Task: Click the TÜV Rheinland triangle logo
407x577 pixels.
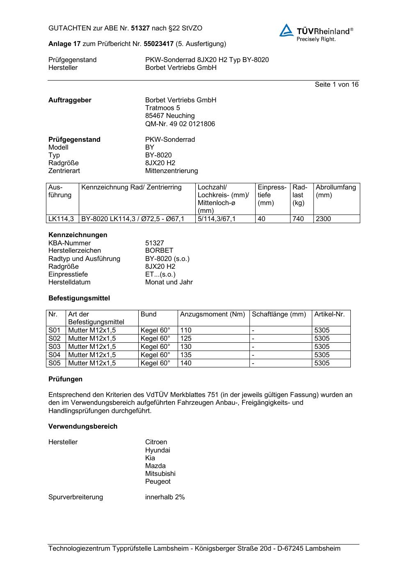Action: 286,31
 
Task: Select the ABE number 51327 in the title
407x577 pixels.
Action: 140,28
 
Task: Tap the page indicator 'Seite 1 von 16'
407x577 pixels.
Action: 336,84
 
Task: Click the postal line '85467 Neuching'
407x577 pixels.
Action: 170,115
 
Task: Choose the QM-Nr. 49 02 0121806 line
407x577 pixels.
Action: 180,124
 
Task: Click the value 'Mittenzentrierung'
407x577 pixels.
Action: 171,171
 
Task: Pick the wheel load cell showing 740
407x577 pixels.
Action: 298,219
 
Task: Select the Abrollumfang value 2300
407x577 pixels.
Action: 323,219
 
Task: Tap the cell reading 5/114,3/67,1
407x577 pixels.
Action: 217,219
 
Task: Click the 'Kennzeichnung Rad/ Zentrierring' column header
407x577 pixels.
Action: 131,187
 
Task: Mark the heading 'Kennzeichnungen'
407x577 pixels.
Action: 78,235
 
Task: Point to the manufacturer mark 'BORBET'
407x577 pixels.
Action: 159,250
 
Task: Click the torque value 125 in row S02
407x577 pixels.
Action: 186,338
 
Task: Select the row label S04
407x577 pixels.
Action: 55,355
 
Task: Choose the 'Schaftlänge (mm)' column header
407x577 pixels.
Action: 279,314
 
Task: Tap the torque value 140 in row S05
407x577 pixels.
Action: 186,363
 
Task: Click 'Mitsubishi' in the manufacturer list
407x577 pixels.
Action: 160,473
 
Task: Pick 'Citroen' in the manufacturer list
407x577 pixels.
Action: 156,442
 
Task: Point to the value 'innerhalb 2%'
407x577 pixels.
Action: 165,497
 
